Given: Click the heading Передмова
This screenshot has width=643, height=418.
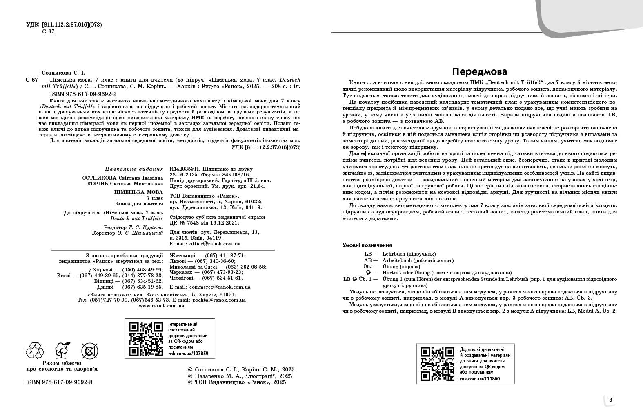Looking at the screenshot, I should (480, 71).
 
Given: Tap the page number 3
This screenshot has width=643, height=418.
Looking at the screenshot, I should (610, 400).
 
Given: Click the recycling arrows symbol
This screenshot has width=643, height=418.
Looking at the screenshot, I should (34, 350).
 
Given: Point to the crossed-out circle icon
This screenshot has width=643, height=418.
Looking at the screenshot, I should (89, 350).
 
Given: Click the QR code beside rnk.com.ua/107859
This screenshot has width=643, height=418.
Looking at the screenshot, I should (146, 339).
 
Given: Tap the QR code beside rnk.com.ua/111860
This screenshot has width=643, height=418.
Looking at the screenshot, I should (437, 364).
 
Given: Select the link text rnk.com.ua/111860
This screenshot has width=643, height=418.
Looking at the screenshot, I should (480, 379).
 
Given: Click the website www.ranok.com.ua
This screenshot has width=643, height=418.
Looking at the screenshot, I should (162, 305).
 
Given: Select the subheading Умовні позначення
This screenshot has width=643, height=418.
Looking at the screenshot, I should (367, 245).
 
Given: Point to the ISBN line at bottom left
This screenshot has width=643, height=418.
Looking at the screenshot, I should (59, 382).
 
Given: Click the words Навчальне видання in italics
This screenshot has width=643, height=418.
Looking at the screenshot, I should (134, 169).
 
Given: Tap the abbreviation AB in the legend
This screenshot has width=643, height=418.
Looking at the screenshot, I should (368, 260).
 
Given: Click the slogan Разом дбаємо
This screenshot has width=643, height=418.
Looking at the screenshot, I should (62, 363).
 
